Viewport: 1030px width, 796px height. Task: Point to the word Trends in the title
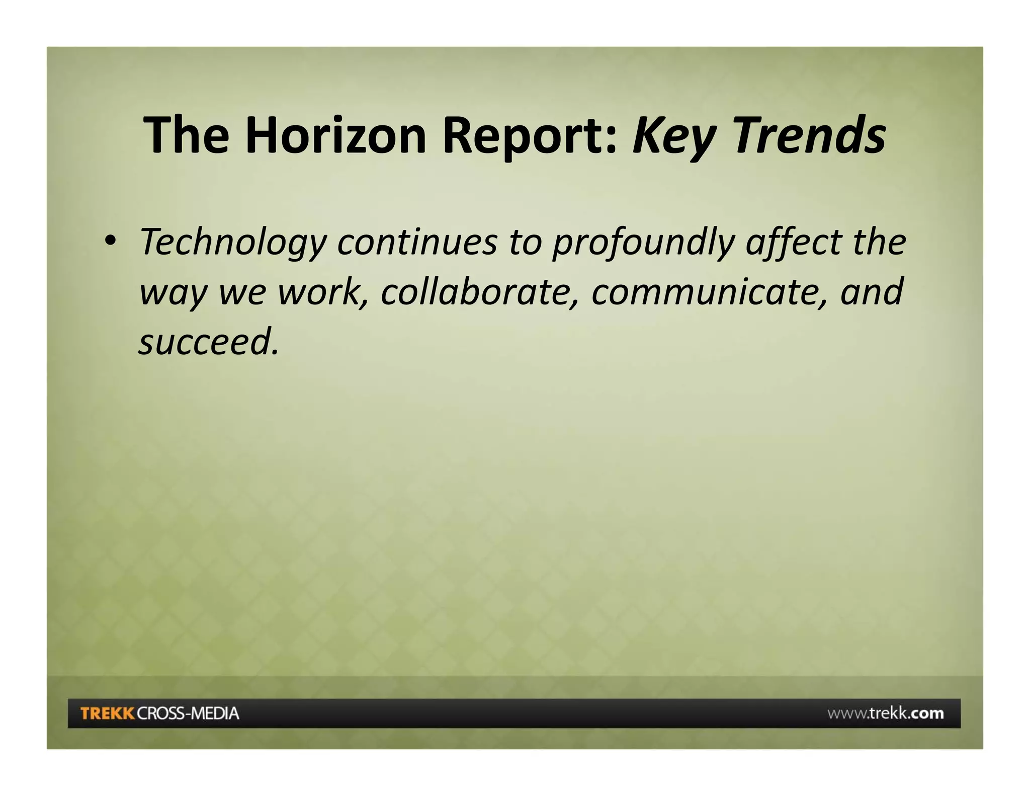(x=809, y=135)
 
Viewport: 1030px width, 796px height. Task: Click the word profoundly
(x=644, y=243)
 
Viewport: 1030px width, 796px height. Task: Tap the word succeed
(x=208, y=342)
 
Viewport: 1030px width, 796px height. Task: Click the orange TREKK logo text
(x=107, y=713)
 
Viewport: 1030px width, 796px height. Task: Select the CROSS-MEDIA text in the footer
(x=188, y=713)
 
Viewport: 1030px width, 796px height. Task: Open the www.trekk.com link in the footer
(x=885, y=713)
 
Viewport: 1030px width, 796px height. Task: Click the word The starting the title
(x=187, y=135)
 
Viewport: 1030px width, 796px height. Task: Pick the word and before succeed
(x=872, y=292)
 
